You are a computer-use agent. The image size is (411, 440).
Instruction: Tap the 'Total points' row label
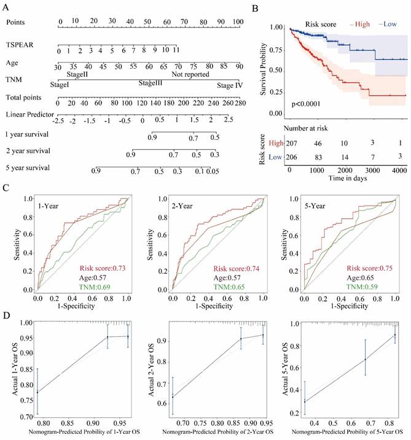click(x=26, y=97)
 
